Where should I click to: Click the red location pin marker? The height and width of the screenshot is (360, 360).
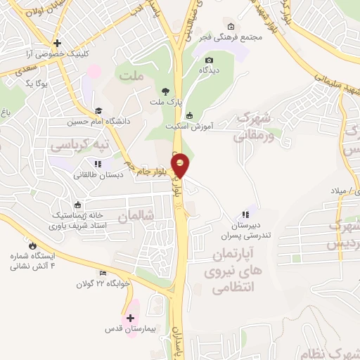pos(181,166)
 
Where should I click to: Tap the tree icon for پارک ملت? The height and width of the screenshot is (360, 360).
pos(166,91)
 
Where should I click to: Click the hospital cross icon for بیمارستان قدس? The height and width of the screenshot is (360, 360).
pos(131,319)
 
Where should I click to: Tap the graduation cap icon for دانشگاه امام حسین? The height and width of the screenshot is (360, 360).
pos(99,110)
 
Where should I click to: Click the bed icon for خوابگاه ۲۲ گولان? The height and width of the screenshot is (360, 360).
pos(103,274)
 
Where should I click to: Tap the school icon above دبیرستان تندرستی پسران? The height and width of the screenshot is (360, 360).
pos(245,214)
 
